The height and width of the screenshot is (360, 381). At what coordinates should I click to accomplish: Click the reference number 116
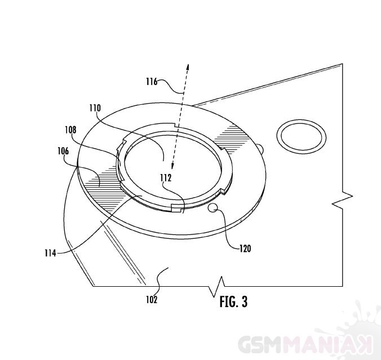tap(152, 82)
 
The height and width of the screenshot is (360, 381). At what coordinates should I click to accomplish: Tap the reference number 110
tap(95, 108)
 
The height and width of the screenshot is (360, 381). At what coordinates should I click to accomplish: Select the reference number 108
tap(70, 130)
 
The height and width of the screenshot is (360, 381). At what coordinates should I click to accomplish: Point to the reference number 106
tap(63, 151)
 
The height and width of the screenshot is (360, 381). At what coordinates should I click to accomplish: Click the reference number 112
tap(166, 178)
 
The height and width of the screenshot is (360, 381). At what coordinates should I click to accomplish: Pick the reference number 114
tap(50, 253)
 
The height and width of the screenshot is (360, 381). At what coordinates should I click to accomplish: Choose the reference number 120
tap(245, 248)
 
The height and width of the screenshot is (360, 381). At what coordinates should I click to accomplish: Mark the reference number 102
tap(152, 300)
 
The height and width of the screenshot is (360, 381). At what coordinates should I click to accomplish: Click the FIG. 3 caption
tap(233, 302)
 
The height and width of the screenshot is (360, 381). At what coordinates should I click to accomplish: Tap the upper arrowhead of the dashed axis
tap(188, 67)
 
